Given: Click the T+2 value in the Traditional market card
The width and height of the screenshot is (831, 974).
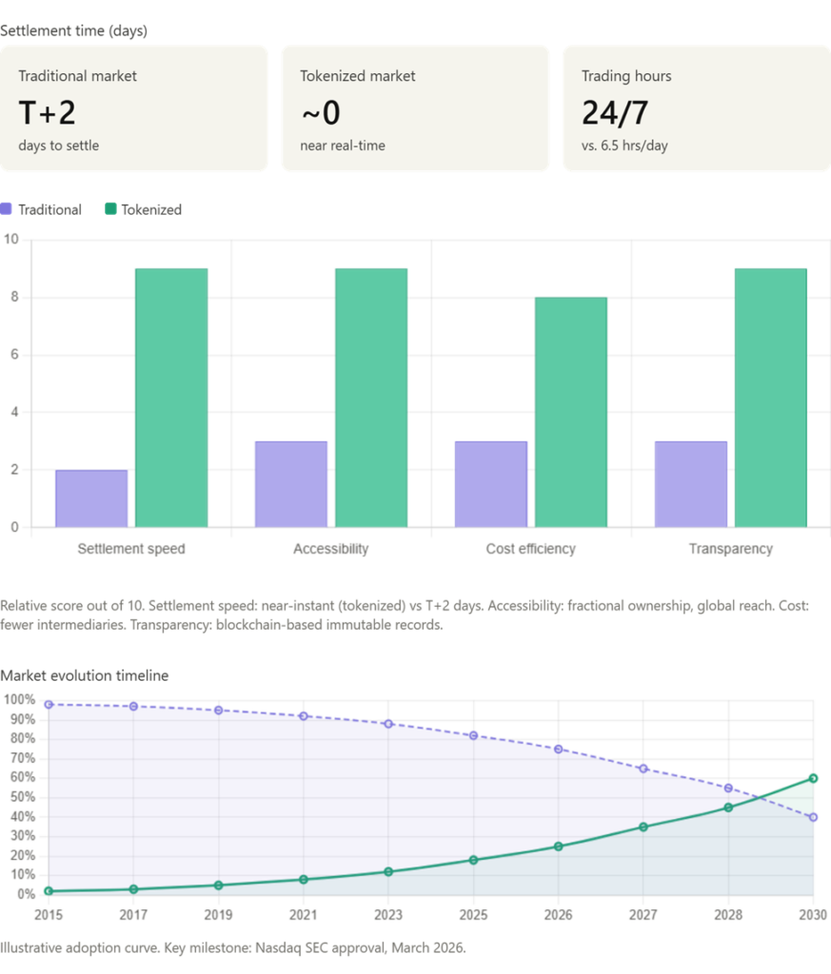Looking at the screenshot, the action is pyautogui.click(x=48, y=113).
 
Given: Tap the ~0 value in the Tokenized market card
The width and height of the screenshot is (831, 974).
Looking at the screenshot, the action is pyautogui.click(x=321, y=113).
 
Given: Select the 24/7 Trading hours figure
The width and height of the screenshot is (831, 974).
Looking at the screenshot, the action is pyautogui.click(x=615, y=113).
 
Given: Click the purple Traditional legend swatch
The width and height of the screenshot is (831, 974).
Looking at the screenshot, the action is pyautogui.click(x=7, y=209).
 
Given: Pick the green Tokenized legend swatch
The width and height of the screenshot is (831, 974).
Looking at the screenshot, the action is pyautogui.click(x=110, y=209).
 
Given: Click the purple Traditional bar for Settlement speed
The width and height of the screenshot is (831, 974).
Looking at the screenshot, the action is pyautogui.click(x=91, y=498).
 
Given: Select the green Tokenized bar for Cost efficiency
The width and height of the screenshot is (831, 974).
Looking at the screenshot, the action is pyautogui.click(x=571, y=413).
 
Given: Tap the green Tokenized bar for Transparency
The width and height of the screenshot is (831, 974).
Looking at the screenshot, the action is pyautogui.click(x=771, y=399).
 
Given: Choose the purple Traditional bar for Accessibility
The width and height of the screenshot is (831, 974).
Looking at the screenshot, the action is pyautogui.click(x=291, y=484).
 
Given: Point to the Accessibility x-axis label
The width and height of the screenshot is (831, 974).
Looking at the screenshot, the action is pyautogui.click(x=330, y=549).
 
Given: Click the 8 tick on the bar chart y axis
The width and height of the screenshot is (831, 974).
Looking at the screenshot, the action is pyautogui.click(x=14, y=297).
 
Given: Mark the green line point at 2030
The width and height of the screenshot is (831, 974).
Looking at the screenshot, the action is pyautogui.click(x=813, y=778).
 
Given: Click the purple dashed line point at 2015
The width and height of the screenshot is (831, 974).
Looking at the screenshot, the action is pyautogui.click(x=49, y=705).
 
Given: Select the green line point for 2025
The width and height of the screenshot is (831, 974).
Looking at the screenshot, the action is pyautogui.click(x=474, y=860).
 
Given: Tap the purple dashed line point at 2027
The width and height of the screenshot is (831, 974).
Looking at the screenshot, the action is pyautogui.click(x=643, y=769).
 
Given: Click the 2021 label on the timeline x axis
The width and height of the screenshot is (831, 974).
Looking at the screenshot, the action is pyautogui.click(x=304, y=915).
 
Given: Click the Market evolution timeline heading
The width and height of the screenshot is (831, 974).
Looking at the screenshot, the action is pyautogui.click(x=85, y=676).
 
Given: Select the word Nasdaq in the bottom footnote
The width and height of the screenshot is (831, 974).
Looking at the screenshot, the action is pyautogui.click(x=278, y=948).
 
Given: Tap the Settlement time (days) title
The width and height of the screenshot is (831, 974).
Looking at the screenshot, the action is pyautogui.click(x=74, y=31).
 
